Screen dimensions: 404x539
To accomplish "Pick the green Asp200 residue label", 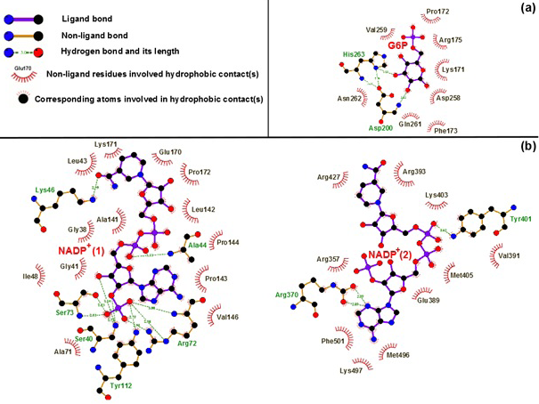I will click(380, 128).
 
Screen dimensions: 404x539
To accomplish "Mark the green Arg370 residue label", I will click(287, 294).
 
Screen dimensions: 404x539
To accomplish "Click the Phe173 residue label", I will click(445, 131).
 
